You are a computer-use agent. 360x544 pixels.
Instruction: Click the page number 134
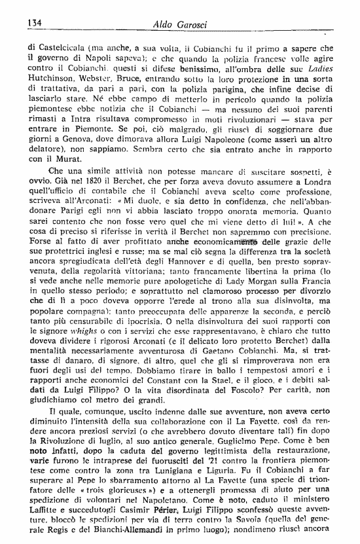pyautogui.click(x=34, y=23)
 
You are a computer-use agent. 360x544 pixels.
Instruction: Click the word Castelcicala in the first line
pyautogui.click(x=65, y=46)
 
